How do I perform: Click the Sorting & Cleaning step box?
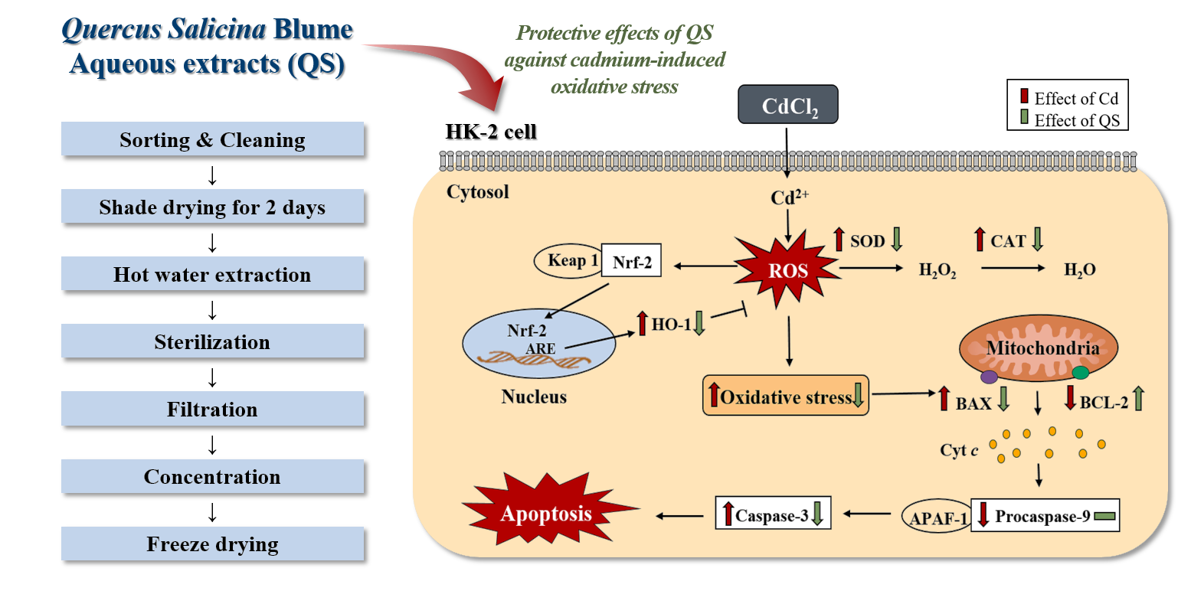(x=212, y=140)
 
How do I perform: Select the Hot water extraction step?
(x=212, y=275)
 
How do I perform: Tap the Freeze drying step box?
(x=212, y=544)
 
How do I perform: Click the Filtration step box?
(x=212, y=410)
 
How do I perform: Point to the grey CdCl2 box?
(x=788, y=105)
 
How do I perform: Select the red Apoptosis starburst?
(x=547, y=513)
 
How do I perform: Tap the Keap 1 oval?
(x=568, y=260)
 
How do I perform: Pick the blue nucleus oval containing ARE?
(x=538, y=345)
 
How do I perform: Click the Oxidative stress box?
(x=786, y=395)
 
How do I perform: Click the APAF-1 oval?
(x=935, y=518)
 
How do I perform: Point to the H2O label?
(x=1080, y=269)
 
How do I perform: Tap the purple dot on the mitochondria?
(x=989, y=376)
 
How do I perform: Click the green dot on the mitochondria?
(x=1080, y=373)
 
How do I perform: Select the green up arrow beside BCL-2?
(x=1138, y=398)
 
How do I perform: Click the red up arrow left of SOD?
(x=839, y=240)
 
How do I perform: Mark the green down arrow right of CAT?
(x=1038, y=240)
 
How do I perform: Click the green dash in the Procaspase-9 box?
(x=1104, y=517)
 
